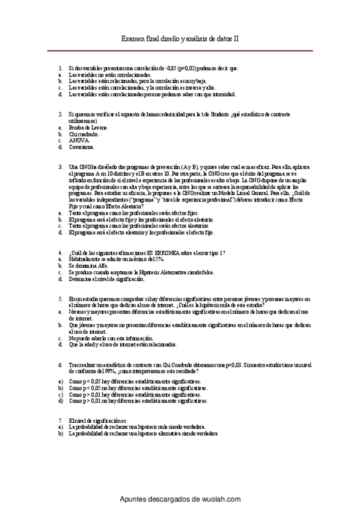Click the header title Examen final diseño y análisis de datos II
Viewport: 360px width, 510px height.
(180, 38)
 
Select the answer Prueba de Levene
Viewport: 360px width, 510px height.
(88, 127)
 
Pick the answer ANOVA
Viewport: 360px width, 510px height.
(79, 140)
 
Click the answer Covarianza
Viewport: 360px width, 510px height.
(82, 147)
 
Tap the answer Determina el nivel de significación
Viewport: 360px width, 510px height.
(106, 279)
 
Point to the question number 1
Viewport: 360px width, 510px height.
(60, 68)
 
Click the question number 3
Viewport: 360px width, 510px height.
(60, 166)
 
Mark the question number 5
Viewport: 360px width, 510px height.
(60, 298)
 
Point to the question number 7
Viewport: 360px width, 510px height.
(60, 420)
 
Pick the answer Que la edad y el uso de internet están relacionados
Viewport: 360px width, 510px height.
(123, 345)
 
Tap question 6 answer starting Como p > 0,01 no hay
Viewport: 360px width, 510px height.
(138, 400)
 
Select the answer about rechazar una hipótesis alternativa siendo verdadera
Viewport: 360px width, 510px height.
(143, 433)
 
